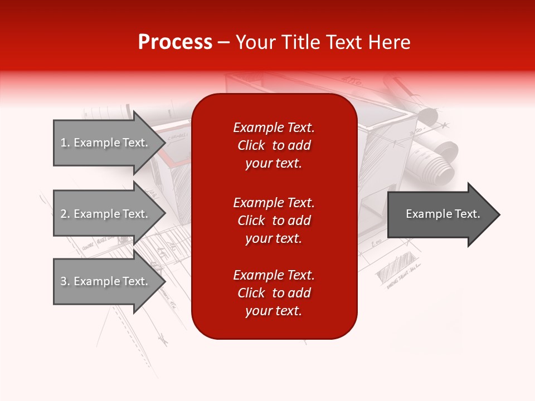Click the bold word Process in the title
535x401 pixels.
click(x=175, y=42)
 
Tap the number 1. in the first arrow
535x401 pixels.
click(x=65, y=143)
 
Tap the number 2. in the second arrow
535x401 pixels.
click(x=65, y=214)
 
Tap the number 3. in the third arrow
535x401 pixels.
click(x=65, y=282)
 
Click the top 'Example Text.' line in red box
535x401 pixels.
click(x=274, y=128)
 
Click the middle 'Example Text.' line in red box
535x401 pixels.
click(x=274, y=202)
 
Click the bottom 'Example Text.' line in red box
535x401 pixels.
click(x=274, y=275)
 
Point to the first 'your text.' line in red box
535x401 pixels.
click(x=273, y=164)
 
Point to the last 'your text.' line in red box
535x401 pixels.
click(x=273, y=311)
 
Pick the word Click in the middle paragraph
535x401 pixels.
click(x=251, y=221)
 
